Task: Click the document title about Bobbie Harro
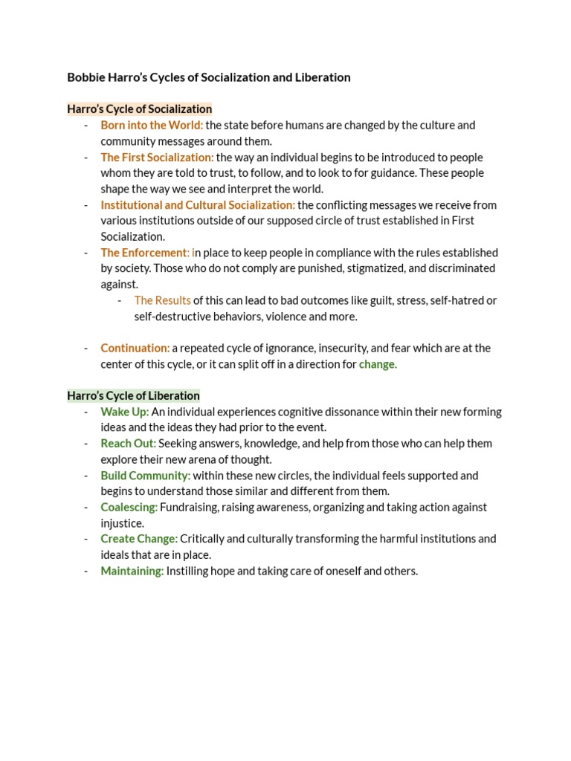click(x=208, y=77)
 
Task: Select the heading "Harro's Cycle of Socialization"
click(x=140, y=109)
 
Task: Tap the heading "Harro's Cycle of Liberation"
click(x=134, y=395)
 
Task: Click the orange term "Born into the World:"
click(x=152, y=125)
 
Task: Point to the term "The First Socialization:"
click(x=157, y=157)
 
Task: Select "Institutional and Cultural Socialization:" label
click(x=198, y=204)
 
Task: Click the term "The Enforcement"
click(x=144, y=253)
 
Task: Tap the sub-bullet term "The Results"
click(x=162, y=300)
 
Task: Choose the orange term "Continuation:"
click(x=135, y=348)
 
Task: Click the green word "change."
click(x=378, y=364)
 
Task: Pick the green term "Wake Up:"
click(x=125, y=412)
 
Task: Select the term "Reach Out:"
click(x=129, y=444)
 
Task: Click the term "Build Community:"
click(x=146, y=475)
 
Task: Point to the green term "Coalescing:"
click(x=129, y=507)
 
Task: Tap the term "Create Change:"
click(x=139, y=539)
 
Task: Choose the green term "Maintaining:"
click(x=132, y=571)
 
